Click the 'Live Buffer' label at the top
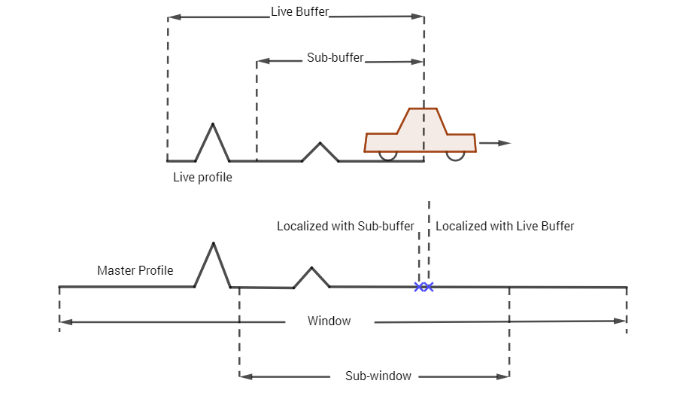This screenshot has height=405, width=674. (299, 11)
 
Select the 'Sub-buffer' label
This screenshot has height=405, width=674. (335, 58)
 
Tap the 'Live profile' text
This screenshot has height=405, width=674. (202, 177)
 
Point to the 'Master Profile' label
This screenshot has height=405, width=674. (135, 270)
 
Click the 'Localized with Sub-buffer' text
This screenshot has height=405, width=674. (345, 226)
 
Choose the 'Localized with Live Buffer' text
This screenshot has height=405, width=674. (505, 226)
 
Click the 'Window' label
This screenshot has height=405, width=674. (329, 321)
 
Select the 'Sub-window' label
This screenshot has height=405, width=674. (378, 376)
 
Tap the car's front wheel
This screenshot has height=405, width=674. (456, 156)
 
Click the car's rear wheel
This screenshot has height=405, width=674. (387, 156)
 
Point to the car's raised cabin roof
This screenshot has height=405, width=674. (423, 108)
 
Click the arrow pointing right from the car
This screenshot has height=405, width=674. (495, 143)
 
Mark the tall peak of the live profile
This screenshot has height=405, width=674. (212, 123)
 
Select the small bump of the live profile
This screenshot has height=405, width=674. (320, 143)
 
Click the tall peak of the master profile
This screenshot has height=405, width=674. (213, 243)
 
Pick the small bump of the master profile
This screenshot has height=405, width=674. (311, 268)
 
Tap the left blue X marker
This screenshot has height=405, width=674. (419, 287)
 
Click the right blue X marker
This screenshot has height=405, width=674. (429, 287)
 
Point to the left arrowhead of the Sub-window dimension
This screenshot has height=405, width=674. (245, 376)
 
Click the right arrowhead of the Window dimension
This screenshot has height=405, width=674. (621, 321)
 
